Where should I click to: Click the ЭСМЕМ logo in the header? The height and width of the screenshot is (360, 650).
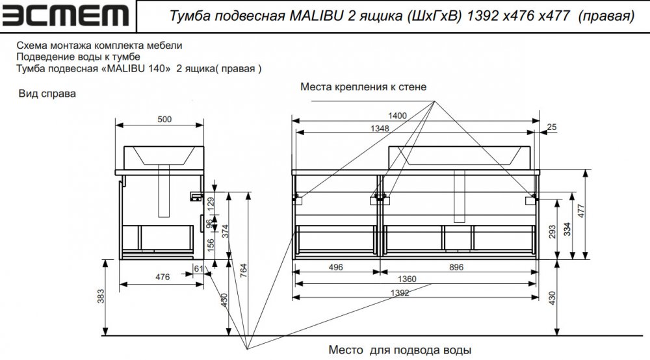[66, 16]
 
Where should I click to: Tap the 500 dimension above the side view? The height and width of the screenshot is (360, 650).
[164, 120]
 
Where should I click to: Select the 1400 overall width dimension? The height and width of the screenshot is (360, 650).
[397, 116]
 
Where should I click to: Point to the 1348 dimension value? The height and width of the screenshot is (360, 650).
[380, 129]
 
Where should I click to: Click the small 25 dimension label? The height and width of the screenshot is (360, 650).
[552, 127]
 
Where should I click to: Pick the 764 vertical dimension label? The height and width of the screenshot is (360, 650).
[243, 270]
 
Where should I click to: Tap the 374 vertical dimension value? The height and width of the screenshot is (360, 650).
[225, 231]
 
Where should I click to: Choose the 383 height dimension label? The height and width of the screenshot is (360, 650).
[101, 296]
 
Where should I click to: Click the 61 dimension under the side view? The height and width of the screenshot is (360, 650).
[198, 268]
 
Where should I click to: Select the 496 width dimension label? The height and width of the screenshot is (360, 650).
[336, 267]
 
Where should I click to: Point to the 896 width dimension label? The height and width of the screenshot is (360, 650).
[456, 267]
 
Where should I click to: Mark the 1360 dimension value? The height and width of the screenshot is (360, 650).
[407, 279]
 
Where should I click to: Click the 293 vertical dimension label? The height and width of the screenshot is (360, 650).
[552, 232]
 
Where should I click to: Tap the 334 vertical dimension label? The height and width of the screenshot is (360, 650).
[567, 229]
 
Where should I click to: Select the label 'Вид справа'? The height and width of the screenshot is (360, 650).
[47, 94]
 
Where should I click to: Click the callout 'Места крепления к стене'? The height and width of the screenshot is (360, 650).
[363, 87]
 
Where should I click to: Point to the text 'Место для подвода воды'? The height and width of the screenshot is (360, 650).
[400, 350]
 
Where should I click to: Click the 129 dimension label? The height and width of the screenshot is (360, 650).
[211, 204]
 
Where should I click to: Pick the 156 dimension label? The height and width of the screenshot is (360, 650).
[211, 245]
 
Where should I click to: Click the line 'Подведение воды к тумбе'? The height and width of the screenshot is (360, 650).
[79, 57]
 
